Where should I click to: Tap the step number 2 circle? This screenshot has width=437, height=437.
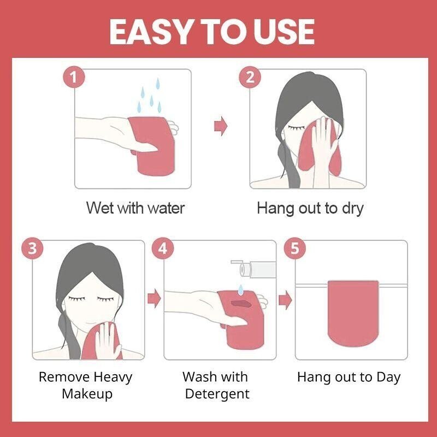tap(250, 77)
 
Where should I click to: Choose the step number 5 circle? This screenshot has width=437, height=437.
tap(295, 249)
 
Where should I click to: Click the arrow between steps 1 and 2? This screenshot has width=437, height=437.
tap(220, 126)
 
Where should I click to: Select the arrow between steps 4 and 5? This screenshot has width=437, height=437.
tap(285, 299)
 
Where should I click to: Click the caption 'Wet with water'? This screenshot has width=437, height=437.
tap(135, 208)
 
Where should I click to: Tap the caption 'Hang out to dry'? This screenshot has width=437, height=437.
tap(310, 208)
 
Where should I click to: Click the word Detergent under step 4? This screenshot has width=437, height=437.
tap(217, 393)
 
